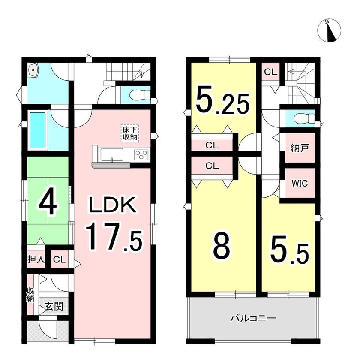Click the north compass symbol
click(x=329, y=31)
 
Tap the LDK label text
click(x=113, y=205)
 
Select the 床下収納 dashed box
click(x=129, y=133)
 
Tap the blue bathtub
click(x=38, y=130)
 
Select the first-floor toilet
click(x=140, y=95)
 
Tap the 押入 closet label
click(x=36, y=260)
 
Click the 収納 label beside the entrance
click(x=30, y=294)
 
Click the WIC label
click(x=300, y=184)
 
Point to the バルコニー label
click(x=253, y=319)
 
